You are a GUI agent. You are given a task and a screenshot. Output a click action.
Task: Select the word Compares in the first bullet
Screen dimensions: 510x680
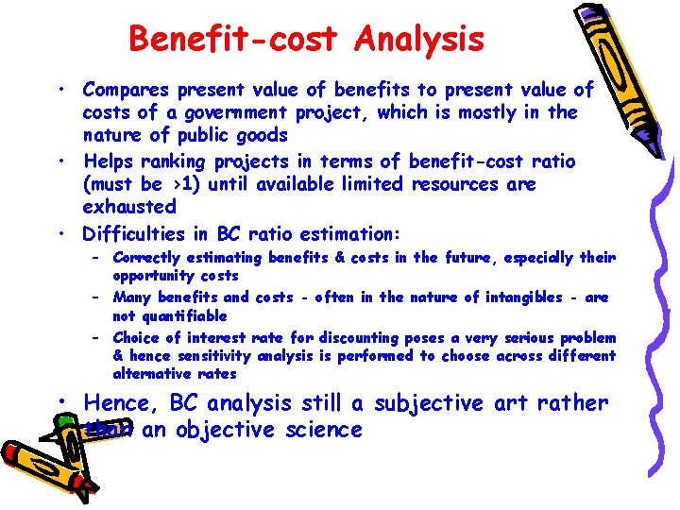pyautogui.click(x=124, y=91)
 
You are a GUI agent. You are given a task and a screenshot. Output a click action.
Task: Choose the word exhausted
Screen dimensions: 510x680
pyautogui.click(x=129, y=207)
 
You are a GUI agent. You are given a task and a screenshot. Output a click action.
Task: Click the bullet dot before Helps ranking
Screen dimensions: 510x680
pyautogui.click(x=59, y=161)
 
